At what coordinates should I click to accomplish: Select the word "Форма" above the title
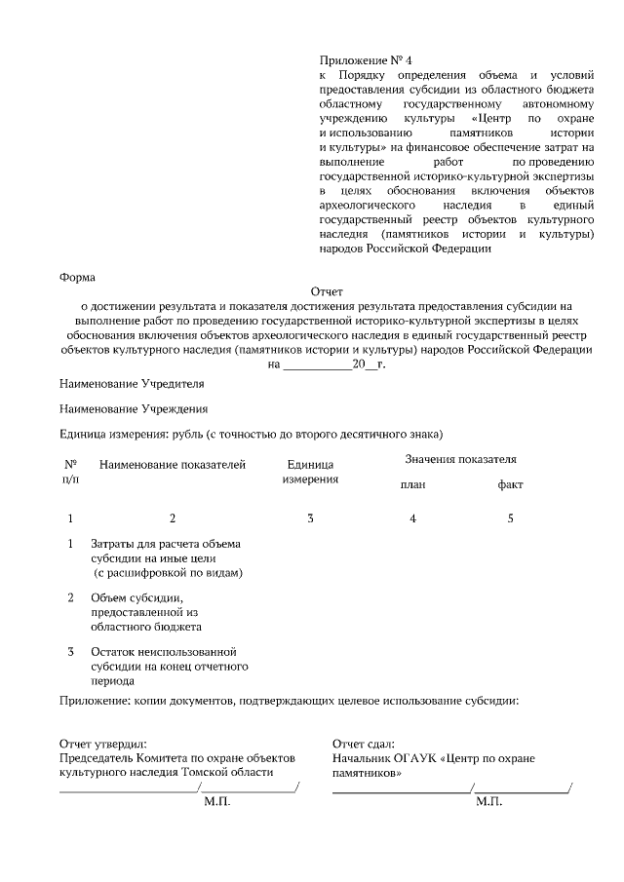click(x=78, y=277)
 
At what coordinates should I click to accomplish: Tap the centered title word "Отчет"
click(x=327, y=291)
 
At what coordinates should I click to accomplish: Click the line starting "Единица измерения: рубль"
click(x=252, y=434)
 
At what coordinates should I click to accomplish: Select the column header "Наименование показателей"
click(x=173, y=465)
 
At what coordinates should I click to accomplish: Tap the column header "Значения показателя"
click(x=460, y=459)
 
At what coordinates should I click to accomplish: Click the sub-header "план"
click(x=412, y=485)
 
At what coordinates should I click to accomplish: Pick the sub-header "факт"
click(x=510, y=485)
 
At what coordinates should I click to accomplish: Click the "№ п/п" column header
click(x=71, y=472)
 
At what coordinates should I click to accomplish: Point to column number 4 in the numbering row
click(x=412, y=518)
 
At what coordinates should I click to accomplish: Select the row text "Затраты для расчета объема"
click(x=165, y=544)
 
